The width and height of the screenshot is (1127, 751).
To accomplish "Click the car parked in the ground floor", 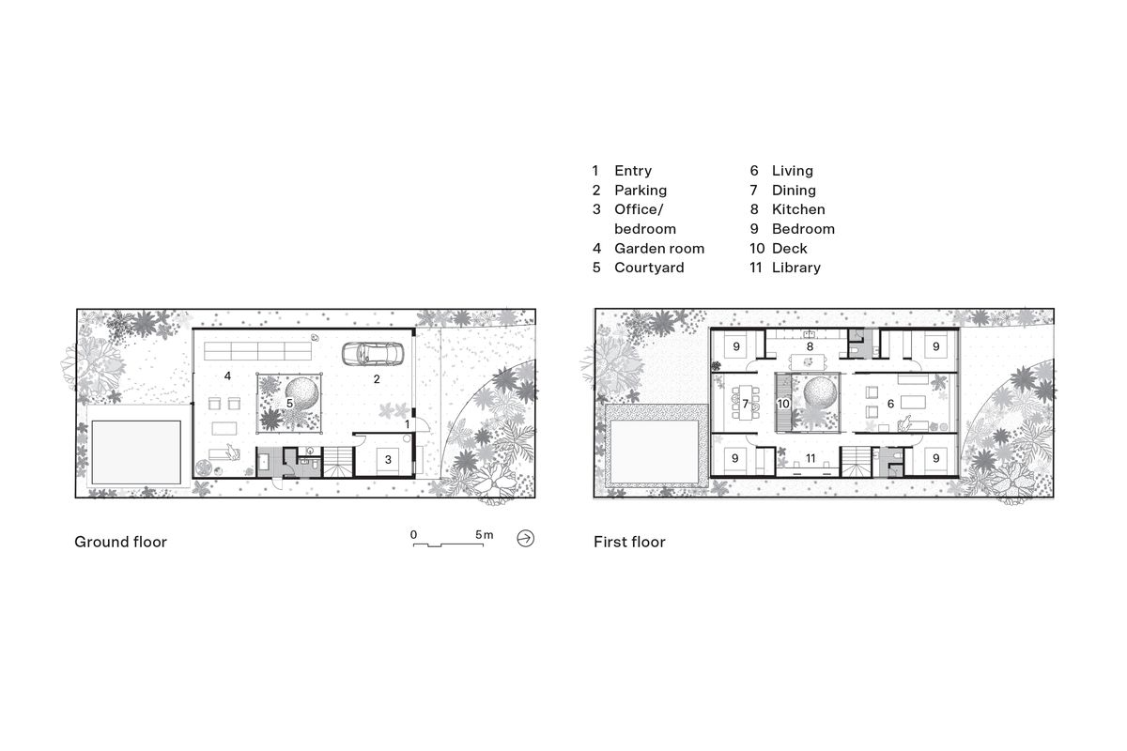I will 374,354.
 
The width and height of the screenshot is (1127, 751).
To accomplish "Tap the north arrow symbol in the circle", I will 526,538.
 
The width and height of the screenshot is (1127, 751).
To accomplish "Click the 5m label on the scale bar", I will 484,534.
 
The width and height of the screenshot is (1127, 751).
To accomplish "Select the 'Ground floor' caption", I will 120,542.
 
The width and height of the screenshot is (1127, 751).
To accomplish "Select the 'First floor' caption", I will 629,542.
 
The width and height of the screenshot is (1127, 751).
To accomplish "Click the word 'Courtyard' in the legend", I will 649,268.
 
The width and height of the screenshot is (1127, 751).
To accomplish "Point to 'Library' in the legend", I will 795,268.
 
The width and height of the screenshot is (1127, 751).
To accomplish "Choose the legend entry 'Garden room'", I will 658,248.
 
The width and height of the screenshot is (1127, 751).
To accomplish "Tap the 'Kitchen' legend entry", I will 797,209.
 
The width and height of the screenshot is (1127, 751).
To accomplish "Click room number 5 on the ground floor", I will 289,404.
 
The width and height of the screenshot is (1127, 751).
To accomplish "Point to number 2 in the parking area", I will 377,379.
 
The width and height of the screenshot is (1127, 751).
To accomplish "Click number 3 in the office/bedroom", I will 388,460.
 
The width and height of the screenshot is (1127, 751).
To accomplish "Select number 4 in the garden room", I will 228,375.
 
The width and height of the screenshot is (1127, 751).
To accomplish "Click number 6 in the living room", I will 890,404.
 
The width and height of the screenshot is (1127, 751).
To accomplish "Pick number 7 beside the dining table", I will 746,404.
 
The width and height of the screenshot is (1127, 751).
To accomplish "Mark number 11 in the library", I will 810,459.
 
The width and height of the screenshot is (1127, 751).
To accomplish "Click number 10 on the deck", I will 783,404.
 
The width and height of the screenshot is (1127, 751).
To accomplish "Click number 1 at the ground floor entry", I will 408,424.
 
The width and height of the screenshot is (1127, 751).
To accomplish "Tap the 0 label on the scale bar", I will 413,534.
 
